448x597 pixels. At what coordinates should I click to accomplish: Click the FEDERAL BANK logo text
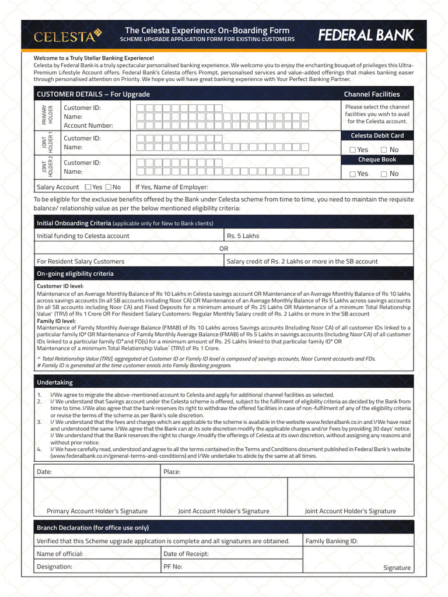pos(365,36)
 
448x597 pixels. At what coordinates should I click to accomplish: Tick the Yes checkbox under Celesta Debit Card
pos(352,150)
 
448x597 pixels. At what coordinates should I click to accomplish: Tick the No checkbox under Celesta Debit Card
pos(384,150)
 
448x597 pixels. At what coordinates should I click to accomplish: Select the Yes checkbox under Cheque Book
pos(352,174)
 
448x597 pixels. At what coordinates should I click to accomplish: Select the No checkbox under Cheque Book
pos(384,174)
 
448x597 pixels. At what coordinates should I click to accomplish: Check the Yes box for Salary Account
pos(87,187)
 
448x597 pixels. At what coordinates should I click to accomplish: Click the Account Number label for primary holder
pos(88,125)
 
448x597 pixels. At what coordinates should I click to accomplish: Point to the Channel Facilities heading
pos(372,94)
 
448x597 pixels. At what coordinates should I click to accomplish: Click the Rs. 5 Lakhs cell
pos(243,236)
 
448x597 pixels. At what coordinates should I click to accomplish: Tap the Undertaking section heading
pos(55,382)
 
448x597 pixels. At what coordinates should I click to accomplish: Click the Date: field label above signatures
pos(44,471)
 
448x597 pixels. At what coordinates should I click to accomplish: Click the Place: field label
pos(172,471)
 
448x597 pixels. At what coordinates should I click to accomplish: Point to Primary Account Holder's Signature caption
pos(97,511)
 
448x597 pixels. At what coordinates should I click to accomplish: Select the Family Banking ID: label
pos(331,541)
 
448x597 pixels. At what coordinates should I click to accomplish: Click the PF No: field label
pos(173,566)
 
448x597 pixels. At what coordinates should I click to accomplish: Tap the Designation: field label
pos(54,566)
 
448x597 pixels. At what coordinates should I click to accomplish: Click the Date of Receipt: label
pos(185,554)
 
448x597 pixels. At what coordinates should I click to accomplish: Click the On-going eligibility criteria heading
pos(75,273)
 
